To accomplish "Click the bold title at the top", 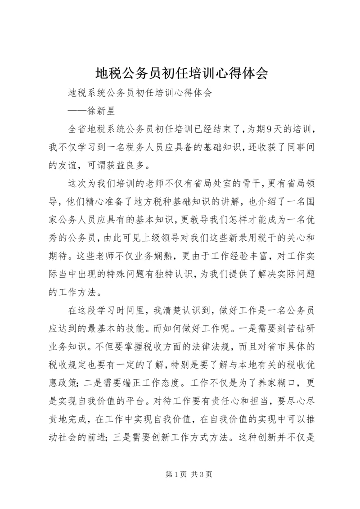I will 180,73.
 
